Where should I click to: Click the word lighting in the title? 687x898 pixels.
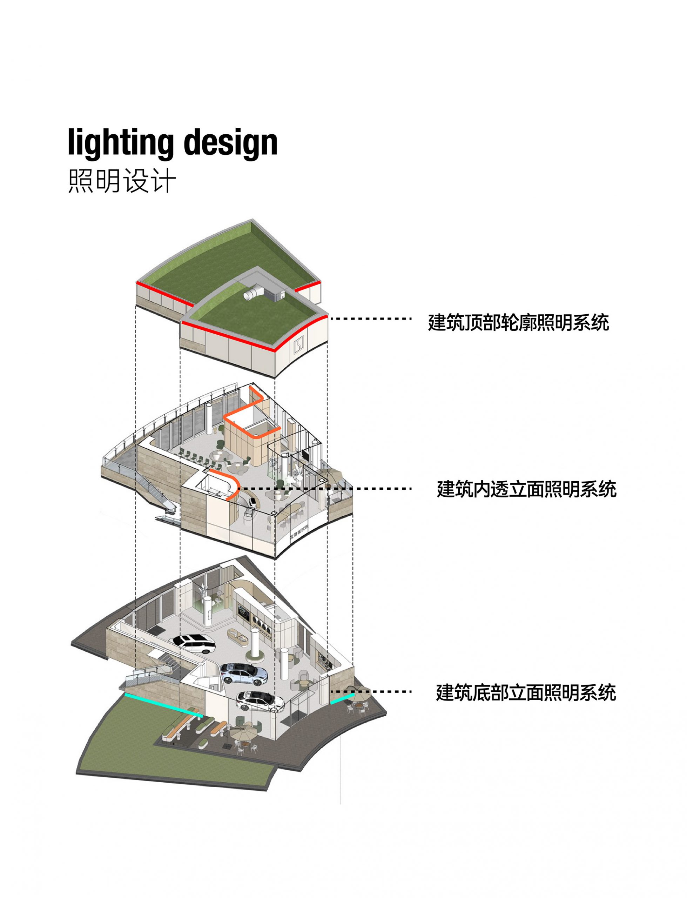[x=121, y=143]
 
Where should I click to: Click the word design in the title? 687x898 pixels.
[x=231, y=143]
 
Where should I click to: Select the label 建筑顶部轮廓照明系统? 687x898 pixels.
[x=519, y=323]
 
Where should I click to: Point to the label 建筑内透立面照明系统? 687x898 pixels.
[x=527, y=489]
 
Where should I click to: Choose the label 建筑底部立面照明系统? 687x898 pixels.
[x=526, y=692]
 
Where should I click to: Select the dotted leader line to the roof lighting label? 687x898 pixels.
[x=370, y=319]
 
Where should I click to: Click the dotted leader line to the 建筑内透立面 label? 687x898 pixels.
[x=325, y=488]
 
